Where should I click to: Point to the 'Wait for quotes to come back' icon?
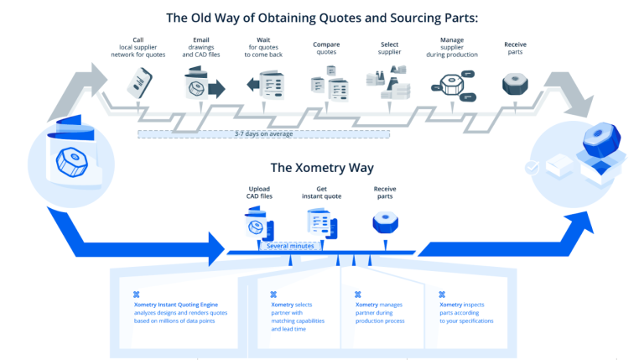coord(266,85)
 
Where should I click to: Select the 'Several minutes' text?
coord(290,246)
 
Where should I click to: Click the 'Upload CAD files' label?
coord(259,194)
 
